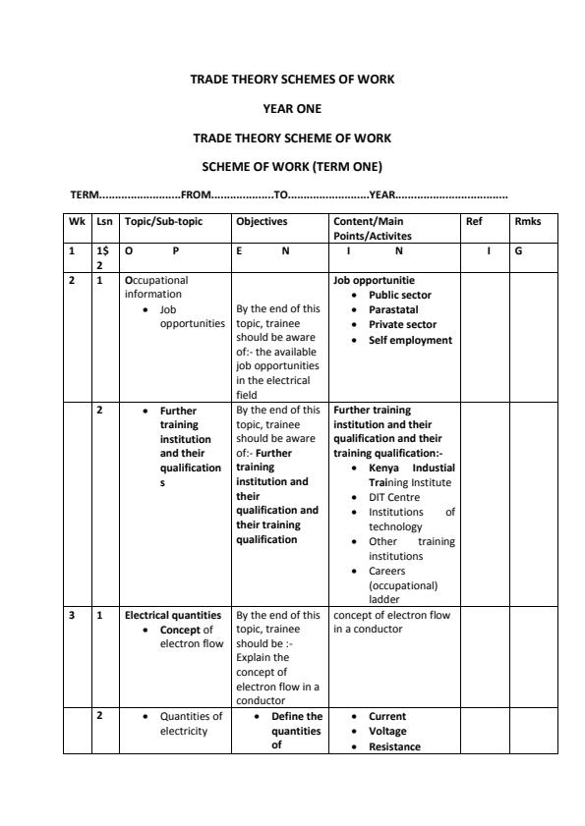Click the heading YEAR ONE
click(292, 109)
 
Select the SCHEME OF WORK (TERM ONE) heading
click(292, 166)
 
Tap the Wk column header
click(77, 222)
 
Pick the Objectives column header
click(261, 222)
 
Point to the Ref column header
click(473, 222)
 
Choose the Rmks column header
click(527, 222)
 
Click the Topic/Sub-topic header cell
click(163, 222)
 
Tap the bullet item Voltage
click(387, 731)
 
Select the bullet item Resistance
click(394, 746)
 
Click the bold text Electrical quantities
click(172, 616)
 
